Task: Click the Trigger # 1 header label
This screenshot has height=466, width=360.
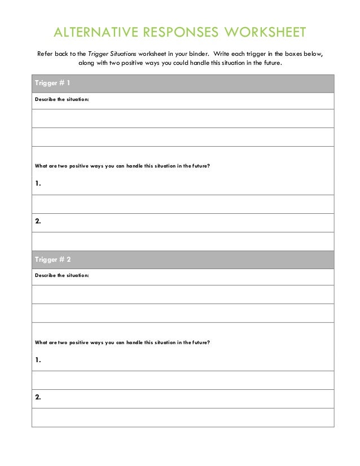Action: tap(52, 83)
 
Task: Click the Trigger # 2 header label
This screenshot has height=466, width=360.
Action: tap(52, 260)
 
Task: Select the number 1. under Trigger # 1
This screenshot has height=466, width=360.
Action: tap(38, 183)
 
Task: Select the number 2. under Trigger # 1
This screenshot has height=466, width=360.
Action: tap(38, 221)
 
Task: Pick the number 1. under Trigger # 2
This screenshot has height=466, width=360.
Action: tap(38, 359)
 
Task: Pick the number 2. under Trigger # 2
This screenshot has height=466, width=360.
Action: tap(38, 397)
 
